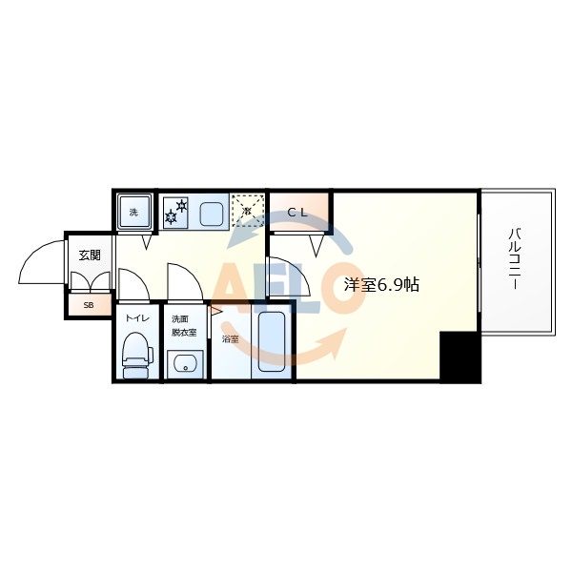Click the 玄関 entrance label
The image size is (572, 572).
pos(89,255)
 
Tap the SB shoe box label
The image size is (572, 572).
pos(89,305)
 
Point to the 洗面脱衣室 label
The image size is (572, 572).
pos(184,325)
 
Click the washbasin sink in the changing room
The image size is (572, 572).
pos(184,363)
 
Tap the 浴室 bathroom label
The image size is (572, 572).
pos(230,338)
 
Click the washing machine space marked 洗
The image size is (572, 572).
pos(133,212)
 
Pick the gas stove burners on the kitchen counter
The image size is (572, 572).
pos(176,212)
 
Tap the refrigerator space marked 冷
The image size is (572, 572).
pos(247,210)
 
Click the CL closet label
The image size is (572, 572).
pos(297,213)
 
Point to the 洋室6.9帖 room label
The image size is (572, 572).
pos(381,284)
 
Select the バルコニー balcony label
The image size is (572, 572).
pos(514,259)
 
